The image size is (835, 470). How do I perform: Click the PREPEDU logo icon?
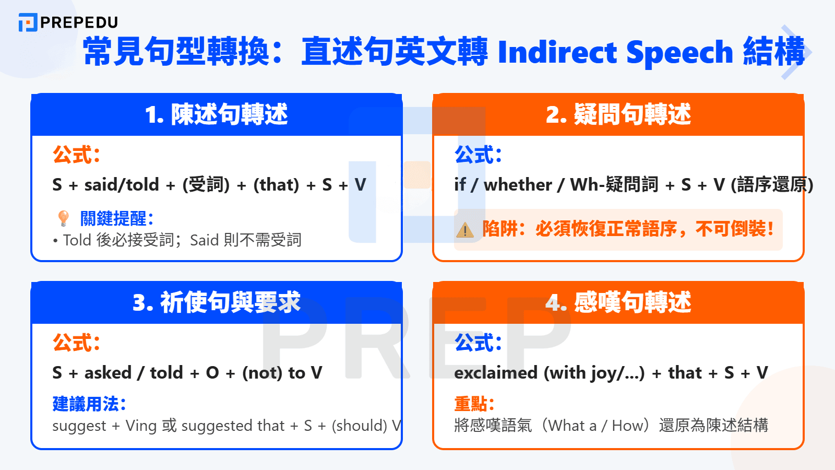(x=28, y=22)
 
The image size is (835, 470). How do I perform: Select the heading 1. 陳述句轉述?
(x=216, y=115)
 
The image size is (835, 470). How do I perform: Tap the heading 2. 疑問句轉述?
(x=618, y=115)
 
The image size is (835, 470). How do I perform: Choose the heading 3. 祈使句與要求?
(x=216, y=303)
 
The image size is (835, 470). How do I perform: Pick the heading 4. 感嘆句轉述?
(x=618, y=303)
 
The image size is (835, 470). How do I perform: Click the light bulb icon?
(x=63, y=218)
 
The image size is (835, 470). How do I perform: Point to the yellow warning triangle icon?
(x=464, y=230)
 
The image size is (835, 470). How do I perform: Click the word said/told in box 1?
(x=122, y=185)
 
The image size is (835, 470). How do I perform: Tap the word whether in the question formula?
(x=518, y=185)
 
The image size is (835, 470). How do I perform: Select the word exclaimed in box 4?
(x=496, y=373)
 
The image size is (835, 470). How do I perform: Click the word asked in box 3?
(x=108, y=373)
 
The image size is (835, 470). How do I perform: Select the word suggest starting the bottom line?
(x=79, y=426)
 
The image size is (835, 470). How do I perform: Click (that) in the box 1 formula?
(x=276, y=185)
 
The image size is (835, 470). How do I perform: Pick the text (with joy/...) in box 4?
(x=594, y=373)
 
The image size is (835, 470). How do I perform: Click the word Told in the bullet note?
(x=77, y=240)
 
